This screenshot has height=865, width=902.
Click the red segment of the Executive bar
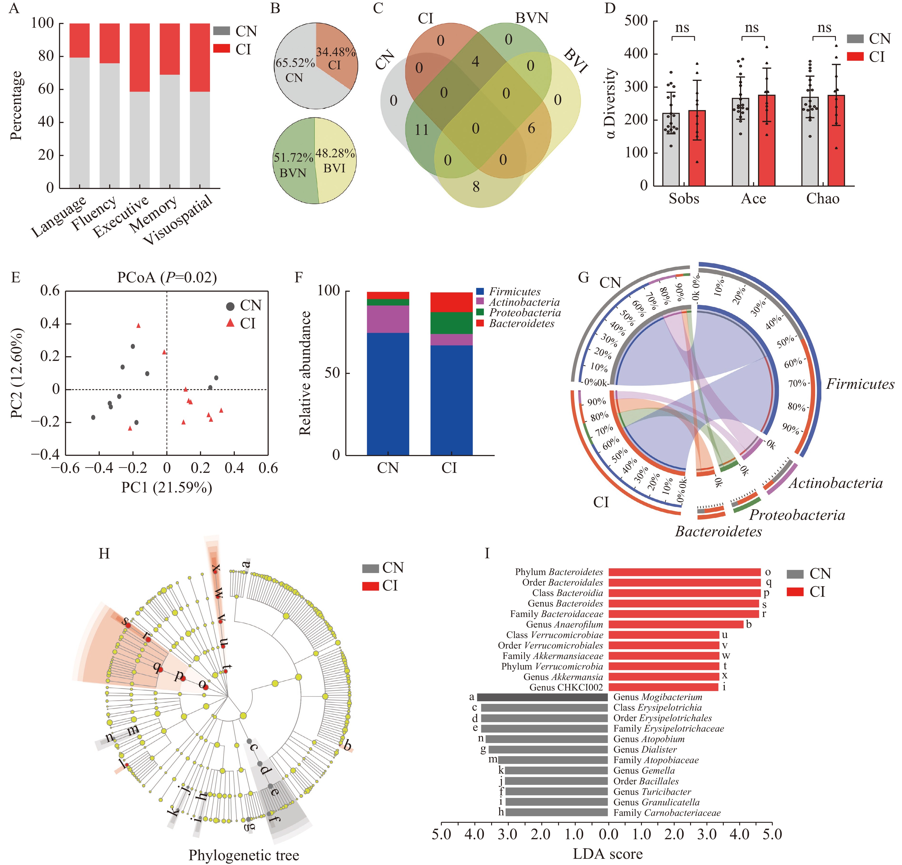[x=139, y=58]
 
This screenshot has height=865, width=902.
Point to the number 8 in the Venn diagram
[x=476, y=186]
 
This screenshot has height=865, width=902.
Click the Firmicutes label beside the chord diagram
[x=860, y=384]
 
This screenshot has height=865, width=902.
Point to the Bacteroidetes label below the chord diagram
[x=718, y=532]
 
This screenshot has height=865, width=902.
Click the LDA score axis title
[x=608, y=854]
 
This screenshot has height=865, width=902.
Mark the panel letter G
[x=583, y=278]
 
